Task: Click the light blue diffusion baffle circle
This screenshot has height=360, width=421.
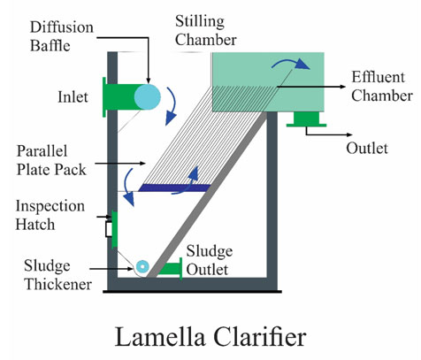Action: pos(148,97)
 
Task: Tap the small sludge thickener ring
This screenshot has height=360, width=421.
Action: pos(142,266)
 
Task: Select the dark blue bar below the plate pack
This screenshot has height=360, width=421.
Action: pos(174,188)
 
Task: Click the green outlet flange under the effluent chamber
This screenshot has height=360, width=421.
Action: pos(306,119)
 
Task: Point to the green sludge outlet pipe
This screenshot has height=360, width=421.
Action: pos(171,269)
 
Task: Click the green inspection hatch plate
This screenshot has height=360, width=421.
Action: pos(114,229)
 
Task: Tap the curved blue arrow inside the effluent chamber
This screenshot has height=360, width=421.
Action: pos(290,63)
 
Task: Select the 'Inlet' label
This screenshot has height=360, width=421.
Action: pos(73,97)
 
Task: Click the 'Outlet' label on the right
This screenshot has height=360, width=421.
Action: pos(367,148)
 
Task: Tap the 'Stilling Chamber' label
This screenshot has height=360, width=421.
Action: pos(206,31)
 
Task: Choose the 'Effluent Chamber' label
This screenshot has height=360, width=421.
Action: pos(382,87)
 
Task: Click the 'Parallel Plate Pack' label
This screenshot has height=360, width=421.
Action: pos(51,160)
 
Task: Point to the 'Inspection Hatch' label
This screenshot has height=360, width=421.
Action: pos(50,215)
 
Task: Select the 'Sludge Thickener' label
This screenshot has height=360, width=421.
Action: pos(57,275)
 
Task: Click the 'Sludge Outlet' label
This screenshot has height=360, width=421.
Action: pos(210,260)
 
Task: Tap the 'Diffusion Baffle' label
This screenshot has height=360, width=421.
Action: pos(62,36)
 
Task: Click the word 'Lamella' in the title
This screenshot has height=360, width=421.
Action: pos(160,336)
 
